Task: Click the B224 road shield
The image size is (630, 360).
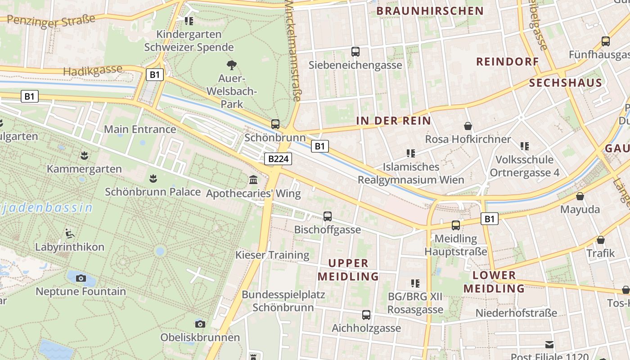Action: click(279, 158)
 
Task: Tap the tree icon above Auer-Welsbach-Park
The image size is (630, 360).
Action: click(232, 65)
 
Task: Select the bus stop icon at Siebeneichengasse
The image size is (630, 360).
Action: click(355, 52)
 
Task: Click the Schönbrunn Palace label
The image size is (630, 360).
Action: click(153, 192)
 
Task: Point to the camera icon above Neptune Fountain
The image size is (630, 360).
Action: click(81, 278)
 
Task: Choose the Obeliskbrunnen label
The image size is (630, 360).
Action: click(200, 337)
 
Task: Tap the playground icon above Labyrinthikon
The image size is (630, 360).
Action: click(70, 233)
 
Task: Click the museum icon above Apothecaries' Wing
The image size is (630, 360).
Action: click(253, 180)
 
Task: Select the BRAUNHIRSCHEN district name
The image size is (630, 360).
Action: click(430, 11)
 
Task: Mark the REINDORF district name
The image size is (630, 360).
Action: click(508, 62)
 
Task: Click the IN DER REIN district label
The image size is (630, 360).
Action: click(394, 121)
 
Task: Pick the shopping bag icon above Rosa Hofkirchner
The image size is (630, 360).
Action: click(468, 126)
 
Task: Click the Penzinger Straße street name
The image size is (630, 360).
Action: click(51, 21)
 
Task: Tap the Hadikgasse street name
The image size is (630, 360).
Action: click(93, 70)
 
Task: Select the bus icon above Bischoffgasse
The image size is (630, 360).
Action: click(328, 216)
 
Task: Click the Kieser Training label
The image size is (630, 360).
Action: click(272, 255)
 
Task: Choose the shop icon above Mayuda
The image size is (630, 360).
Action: click(580, 196)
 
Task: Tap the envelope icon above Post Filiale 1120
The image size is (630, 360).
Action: click(549, 345)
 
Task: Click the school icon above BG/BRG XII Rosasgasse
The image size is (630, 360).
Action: click(415, 283)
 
